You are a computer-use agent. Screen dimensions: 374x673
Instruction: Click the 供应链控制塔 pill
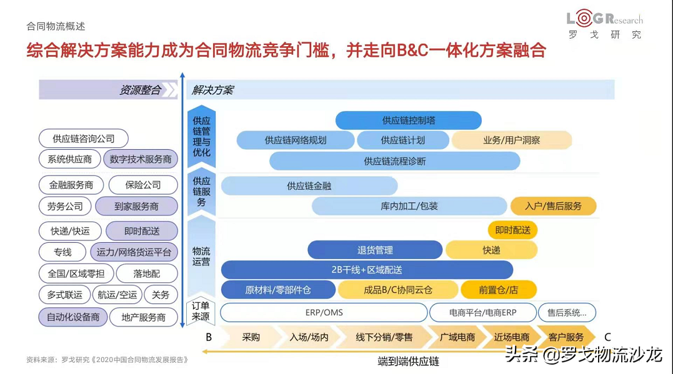coord(408,120)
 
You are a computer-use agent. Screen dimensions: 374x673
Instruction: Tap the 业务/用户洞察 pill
coord(511,140)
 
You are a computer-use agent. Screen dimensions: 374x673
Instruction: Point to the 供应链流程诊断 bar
coord(394,160)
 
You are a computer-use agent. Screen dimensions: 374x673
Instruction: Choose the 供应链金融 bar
coord(309,185)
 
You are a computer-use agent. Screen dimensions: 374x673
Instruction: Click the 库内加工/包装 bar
coord(409,206)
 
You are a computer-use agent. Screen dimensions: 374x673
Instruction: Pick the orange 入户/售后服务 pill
coord(553,206)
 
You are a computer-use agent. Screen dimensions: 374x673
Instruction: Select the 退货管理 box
coord(375,250)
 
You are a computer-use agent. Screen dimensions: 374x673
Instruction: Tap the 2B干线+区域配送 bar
coord(366,270)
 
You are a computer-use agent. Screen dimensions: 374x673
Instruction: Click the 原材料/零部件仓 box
coord(277,290)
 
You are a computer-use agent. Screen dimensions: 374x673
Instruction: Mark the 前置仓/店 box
coord(498,290)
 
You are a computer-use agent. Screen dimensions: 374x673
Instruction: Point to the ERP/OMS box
coord(323,312)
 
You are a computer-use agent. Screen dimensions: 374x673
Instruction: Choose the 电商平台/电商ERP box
coord(483,312)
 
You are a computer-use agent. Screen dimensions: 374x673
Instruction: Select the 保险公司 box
coord(143,185)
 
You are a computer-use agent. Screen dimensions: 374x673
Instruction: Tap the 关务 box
coord(161,295)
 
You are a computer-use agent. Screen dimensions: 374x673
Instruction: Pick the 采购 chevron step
coord(251,337)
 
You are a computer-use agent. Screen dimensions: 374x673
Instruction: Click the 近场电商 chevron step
coord(511,337)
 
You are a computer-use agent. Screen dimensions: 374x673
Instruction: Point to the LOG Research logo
coord(603,25)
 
